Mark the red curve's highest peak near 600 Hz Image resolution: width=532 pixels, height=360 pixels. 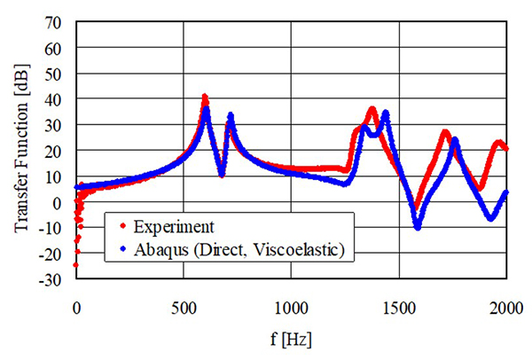205,96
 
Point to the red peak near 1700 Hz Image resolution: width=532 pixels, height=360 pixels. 445,133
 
